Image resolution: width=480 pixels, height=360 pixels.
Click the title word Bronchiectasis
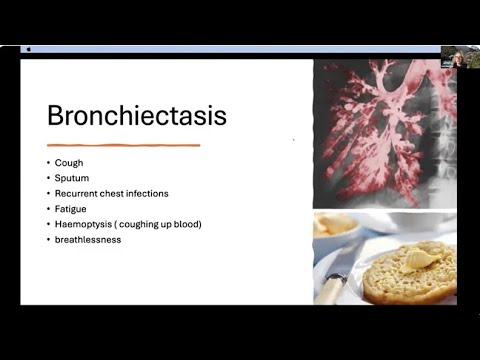pyautogui.click(x=137, y=115)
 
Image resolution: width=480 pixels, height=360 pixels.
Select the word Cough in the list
pyautogui.click(x=71, y=163)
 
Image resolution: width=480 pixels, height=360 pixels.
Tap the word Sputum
pyautogui.click(x=74, y=178)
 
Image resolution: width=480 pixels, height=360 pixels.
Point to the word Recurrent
pyautogui.click(x=79, y=193)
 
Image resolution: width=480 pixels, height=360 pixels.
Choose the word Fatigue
pyautogui.click(x=73, y=208)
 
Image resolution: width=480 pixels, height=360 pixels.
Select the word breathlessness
pyautogui.click(x=88, y=239)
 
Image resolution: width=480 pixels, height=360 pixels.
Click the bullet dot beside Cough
pyautogui.click(x=48, y=163)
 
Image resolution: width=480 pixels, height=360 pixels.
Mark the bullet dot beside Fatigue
pyautogui.click(x=48, y=208)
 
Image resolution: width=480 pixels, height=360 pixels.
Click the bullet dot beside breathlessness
pyautogui.click(x=48, y=239)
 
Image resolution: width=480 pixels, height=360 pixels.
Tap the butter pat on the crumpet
pyautogui.click(x=419, y=259)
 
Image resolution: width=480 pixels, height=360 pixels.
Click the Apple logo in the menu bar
pyautogui.click(x=29, y=48)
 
